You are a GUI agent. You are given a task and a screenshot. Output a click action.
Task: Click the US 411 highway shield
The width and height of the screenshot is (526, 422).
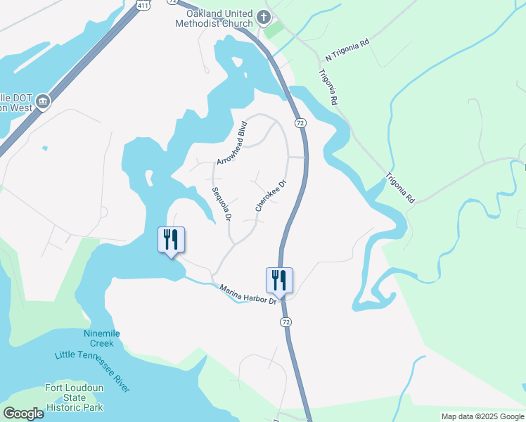click(143, 5)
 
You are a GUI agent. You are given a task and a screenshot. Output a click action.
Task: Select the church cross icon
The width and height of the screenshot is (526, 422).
click(264, 17)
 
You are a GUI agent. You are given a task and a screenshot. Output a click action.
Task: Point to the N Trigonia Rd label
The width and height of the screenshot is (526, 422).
click(347, 51)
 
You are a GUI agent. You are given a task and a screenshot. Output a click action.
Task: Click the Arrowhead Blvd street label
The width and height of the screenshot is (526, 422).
click(233, 143)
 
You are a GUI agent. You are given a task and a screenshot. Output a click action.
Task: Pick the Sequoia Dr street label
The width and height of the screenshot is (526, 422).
click(222, 204)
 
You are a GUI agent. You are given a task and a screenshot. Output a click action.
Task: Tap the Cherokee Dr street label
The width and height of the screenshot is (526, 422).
click(271, 196)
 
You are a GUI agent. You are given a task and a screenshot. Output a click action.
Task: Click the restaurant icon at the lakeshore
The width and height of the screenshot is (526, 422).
click(171, 240)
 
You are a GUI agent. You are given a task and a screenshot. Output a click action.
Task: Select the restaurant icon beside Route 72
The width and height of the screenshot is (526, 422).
click(279, 280)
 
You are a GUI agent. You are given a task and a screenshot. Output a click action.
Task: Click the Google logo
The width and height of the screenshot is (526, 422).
click(23, 413)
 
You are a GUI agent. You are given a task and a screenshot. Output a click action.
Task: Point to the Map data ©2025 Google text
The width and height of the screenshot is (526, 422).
click(482, 416)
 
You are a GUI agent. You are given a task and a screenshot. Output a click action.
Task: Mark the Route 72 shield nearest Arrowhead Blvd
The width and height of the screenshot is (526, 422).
click(300, 123)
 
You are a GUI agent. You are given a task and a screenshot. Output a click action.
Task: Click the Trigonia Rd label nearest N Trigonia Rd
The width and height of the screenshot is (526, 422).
click(328, 87)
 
